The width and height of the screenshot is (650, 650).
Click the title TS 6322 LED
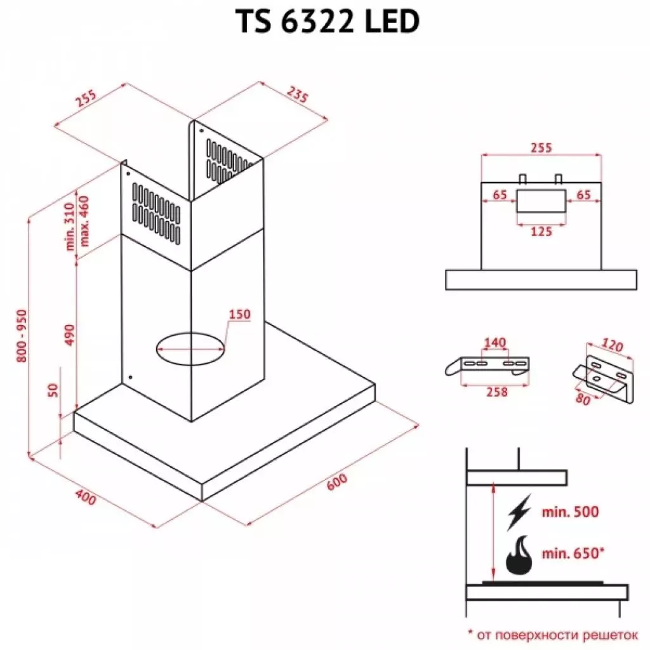point(328,22)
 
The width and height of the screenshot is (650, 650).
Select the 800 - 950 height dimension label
point(22,336)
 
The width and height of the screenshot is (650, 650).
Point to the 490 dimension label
point(69,335)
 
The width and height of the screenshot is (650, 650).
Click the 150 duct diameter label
point(240,314)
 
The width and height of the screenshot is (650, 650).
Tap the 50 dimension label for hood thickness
point(53,391)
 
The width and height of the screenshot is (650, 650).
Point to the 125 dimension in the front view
point(541,232)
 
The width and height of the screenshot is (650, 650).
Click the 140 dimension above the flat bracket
point(495,343)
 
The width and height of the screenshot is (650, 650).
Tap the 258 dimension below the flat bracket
point(496,392)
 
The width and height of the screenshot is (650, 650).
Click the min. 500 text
point(570,512)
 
